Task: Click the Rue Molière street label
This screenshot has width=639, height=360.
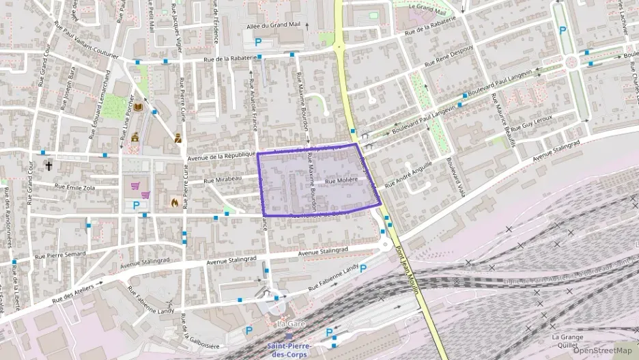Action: coord(341,181)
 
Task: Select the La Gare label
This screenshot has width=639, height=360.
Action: coord(290,324)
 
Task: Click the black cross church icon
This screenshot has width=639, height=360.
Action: coord(48,165)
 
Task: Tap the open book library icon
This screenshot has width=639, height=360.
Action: coord(139,108)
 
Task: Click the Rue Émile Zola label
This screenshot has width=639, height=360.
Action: coord(75,186)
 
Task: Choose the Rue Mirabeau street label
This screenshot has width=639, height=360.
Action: coord(223,180)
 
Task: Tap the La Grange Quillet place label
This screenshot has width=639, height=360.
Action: coord(565,341)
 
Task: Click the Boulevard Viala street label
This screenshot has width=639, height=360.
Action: coord(455,178)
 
